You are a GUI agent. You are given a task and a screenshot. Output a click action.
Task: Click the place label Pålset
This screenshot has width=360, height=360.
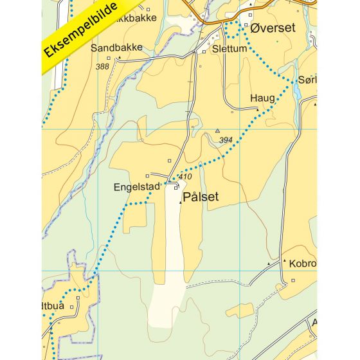[x=201, y=198]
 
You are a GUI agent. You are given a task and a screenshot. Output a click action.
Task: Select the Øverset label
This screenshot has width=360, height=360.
[x=273, y=29]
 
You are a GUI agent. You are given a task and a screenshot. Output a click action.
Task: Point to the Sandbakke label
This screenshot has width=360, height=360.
[x=116, y=48]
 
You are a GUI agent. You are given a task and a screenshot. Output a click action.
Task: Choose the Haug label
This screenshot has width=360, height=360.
[x=262, y=98]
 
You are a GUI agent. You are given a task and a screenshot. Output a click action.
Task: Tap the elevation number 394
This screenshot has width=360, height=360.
[x=226, y=139]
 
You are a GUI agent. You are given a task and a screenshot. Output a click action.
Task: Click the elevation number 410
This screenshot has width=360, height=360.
[x=185, y=177]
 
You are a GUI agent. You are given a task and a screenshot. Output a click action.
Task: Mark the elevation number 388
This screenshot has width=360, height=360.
[x=102, y=66]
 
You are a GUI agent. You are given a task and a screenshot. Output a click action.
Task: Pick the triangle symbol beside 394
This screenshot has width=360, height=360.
[x=217, y=130]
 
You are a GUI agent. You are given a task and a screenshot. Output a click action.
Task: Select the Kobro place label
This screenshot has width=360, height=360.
[x=303, y=264]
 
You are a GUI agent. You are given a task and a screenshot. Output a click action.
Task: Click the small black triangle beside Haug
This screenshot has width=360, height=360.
[x=258, y=109]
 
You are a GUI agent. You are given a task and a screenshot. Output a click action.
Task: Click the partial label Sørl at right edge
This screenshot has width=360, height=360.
[x=307, y=80]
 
